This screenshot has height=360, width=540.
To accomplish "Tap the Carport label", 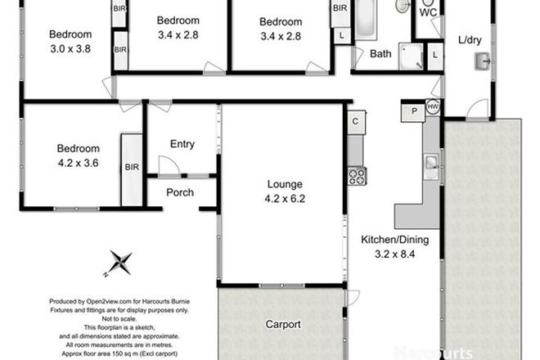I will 282,324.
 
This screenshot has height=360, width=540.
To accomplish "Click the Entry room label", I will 182,144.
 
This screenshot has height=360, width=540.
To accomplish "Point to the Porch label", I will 179,193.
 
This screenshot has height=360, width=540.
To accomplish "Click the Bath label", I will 380,55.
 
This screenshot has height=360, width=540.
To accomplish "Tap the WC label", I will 428,13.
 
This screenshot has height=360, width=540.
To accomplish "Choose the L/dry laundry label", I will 470,39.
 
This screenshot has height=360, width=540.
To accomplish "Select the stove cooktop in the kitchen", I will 356,175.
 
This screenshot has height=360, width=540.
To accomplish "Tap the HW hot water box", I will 433,106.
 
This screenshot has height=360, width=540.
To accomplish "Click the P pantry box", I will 413,110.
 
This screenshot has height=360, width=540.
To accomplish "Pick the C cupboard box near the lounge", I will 355,121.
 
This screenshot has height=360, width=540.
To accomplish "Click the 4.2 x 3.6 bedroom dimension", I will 78,162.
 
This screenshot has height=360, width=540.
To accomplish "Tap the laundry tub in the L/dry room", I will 484,61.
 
